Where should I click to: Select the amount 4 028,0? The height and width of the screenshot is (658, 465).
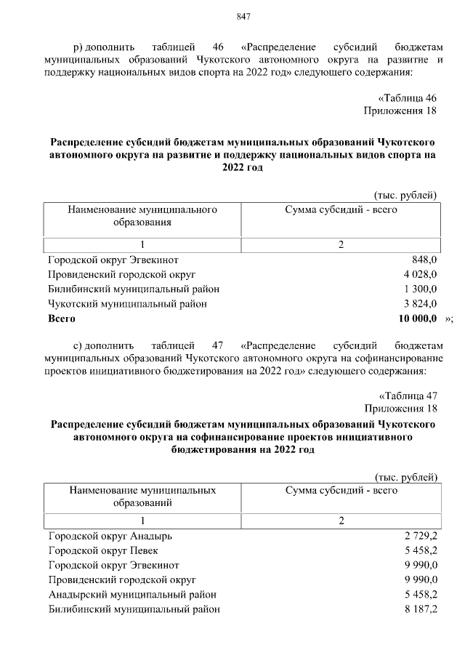[x=420, y=274]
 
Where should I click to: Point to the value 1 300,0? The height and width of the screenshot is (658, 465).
[x=420, y=289]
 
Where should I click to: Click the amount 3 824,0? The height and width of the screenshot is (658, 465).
[x=420, y=303]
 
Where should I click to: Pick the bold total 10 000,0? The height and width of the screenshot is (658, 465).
[x=417, y=318]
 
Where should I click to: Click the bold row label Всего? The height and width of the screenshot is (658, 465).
[x=62, y=318]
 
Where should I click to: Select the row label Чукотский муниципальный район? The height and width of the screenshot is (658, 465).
[x=127, y=303]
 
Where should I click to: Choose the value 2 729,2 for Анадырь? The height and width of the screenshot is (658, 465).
[x=421, y=536]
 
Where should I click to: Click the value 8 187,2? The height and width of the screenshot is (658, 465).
[x=421, y=609]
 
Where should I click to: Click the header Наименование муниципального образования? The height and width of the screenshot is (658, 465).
[x=142, y=215]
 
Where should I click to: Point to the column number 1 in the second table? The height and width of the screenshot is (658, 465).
[x=142, y=521]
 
